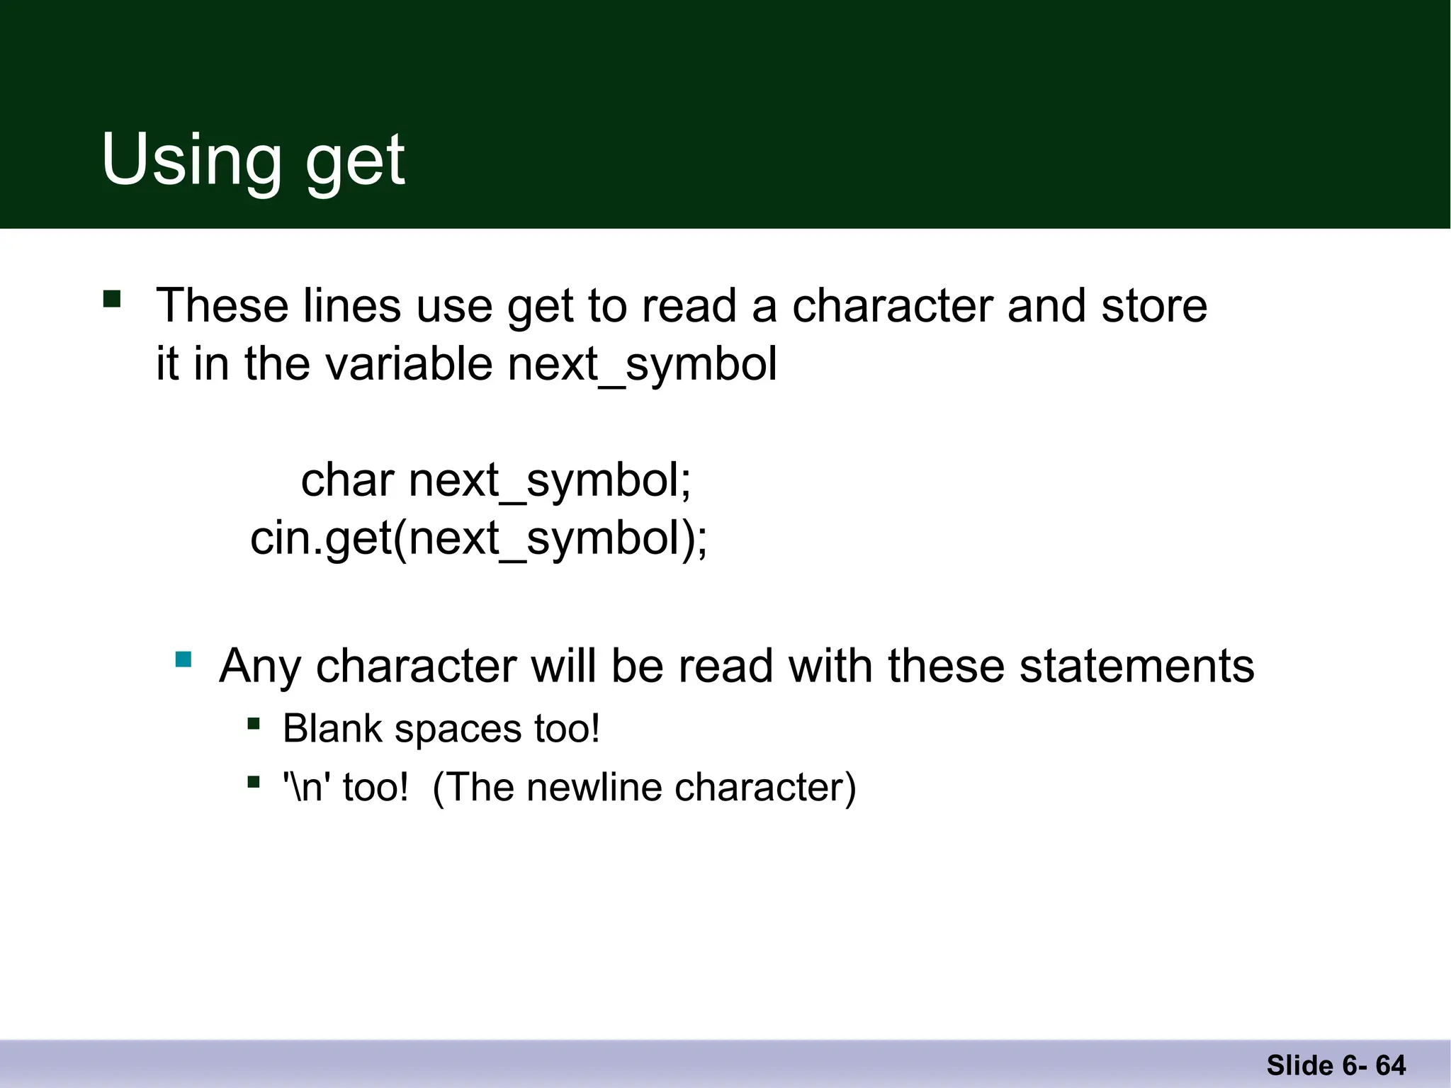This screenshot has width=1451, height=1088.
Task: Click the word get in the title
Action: [x=355, y=163]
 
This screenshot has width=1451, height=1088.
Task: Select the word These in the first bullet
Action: [x=222, y=306]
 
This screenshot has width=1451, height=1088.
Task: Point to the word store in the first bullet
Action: [x=1154, y=306]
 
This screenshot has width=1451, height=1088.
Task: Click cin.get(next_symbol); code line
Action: [x=478, y=538]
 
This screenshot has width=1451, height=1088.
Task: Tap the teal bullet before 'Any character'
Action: [x=184, y=660]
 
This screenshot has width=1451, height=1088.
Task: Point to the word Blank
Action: [x=332, y=729]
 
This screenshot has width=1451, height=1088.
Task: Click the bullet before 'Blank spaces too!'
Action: [x=254, y=724]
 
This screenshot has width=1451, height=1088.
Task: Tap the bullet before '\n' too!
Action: [x=254, y=783]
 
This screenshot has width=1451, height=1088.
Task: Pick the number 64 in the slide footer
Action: [x=1391, y=1065]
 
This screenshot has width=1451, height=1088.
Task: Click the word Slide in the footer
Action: [x=1299, y=1065]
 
